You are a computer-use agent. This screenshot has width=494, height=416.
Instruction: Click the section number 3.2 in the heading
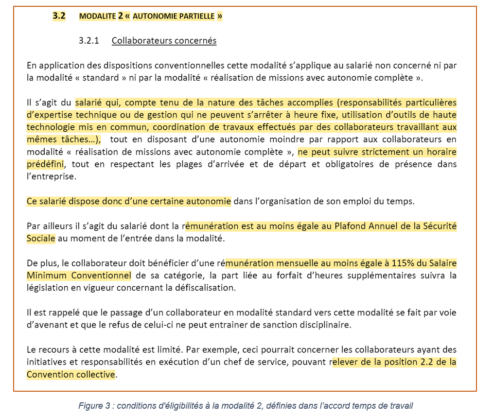point(58,16)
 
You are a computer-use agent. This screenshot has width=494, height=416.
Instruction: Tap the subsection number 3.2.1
point(88,40)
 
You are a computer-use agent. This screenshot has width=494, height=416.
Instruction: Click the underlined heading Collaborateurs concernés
point(164,40)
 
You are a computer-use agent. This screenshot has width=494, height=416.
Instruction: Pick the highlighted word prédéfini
point(45,164)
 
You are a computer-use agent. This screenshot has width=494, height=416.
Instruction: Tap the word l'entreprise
point(52,176)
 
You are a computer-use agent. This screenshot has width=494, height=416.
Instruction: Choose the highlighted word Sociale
point(41,238)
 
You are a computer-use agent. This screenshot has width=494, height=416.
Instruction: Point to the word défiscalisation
point(204,288)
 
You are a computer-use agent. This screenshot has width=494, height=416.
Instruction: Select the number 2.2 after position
point(425,362)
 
